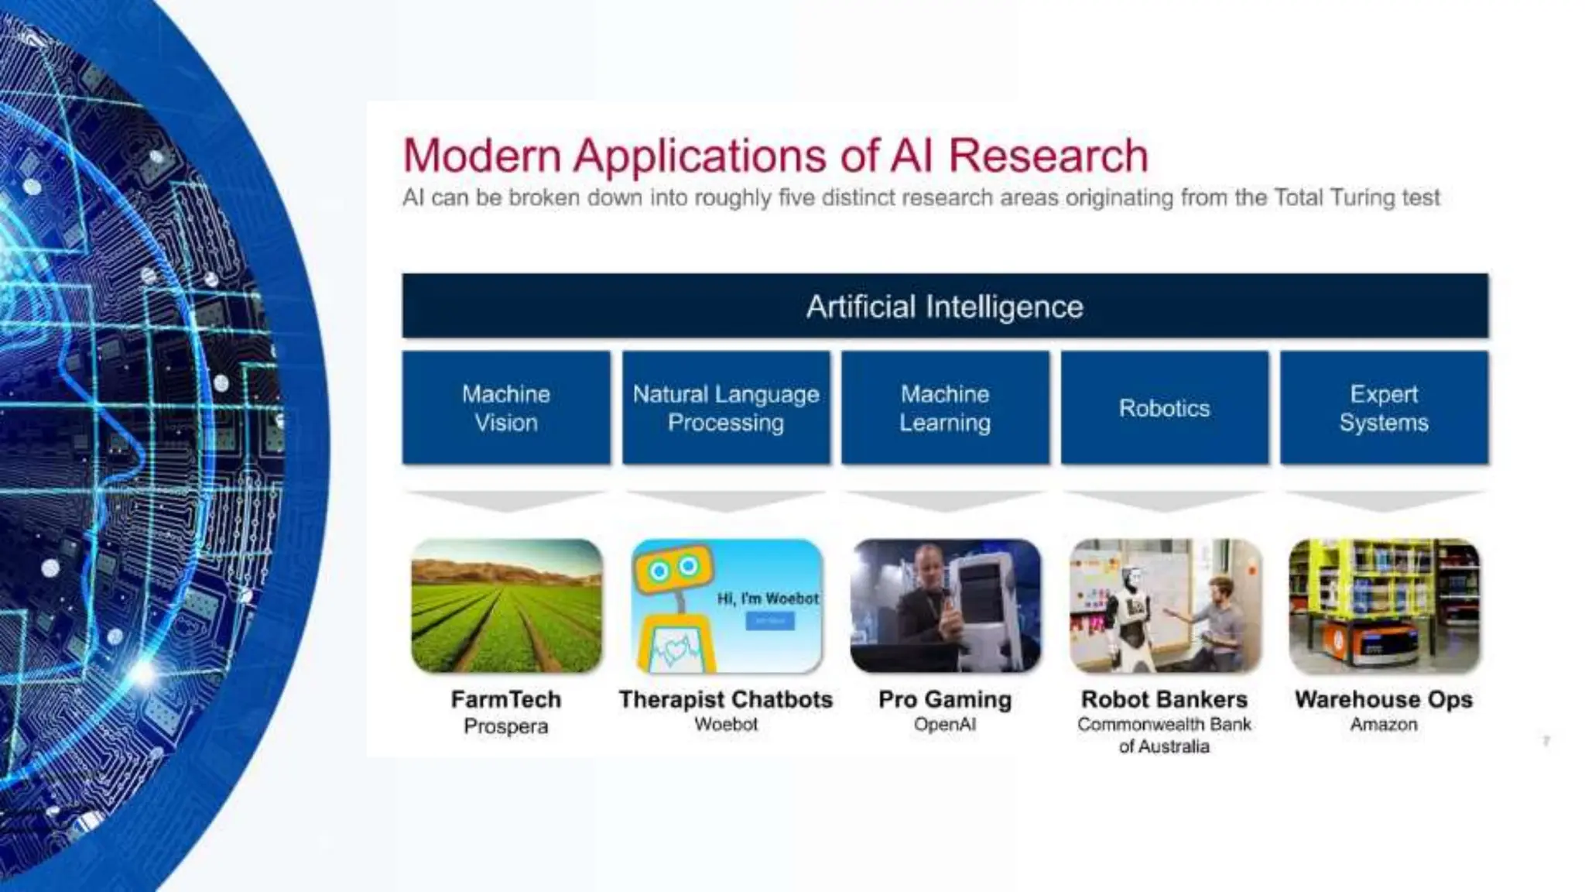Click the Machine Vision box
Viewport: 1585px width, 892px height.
click(506, 408)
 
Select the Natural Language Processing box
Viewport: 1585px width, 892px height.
click(726, 408)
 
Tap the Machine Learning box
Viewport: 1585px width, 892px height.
click(945, 408)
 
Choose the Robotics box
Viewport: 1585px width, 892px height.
click(1164, 408)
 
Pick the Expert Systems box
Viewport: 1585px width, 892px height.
click(1384, 408)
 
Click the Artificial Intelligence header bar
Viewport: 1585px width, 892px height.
click(944, 307)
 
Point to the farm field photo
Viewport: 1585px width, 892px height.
click(506, 606)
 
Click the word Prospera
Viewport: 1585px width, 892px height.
click(506, 726)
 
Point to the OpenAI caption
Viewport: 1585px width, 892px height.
click(945, 725)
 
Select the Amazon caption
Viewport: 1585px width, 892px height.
click(1384, 725)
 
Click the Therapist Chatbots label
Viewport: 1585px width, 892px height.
click(726, 699)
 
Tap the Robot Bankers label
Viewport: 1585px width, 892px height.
click(1164, 699)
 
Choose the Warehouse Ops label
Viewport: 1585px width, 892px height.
click(1384, 699)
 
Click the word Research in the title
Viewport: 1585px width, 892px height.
click(1048, 156)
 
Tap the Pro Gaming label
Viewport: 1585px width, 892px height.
click(945, 699)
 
